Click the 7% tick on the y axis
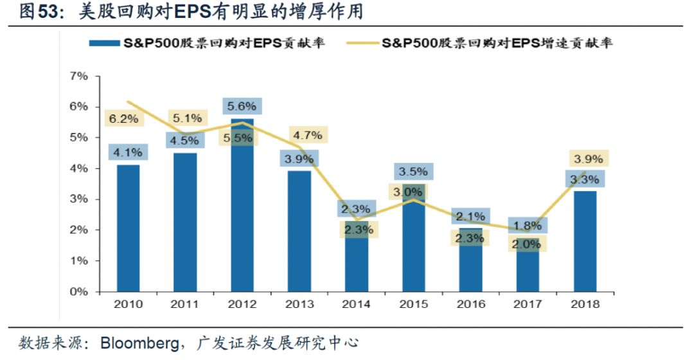coord(78,76)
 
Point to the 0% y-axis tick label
coord(78,292)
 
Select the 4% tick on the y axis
coord(78,168)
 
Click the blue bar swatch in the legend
coord(104,44)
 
